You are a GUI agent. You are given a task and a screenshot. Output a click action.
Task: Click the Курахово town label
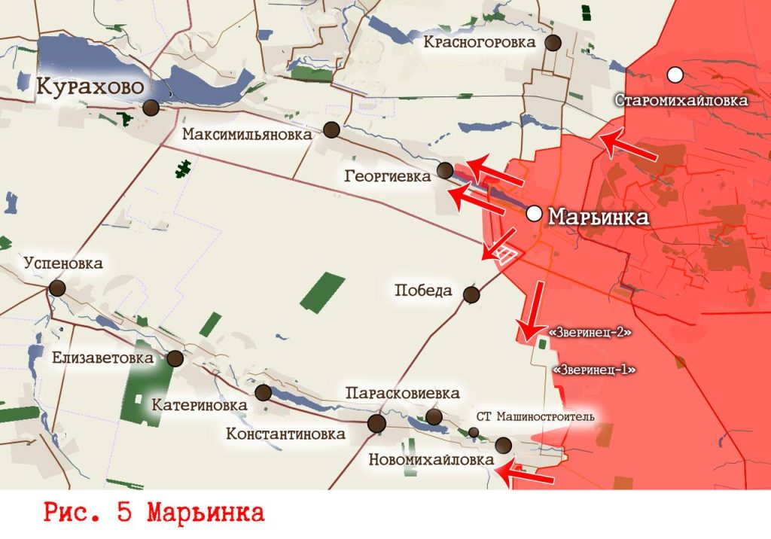pos(90,87)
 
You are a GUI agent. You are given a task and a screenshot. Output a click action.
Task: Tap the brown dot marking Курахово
pos(151,108)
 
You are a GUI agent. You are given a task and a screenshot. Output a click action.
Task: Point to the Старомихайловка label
pos(681,100)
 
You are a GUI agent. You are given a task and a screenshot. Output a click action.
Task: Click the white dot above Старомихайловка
pos(675,75)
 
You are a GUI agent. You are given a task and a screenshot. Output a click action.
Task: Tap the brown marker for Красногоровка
pos(554,42)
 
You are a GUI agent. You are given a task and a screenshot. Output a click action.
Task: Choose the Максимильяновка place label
pos(247,136)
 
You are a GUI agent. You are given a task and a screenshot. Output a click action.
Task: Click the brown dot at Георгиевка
pos(446,170)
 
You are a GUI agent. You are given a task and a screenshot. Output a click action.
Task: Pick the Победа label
pos(423,291)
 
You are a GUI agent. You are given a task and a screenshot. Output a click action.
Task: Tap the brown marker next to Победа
pos(471,294)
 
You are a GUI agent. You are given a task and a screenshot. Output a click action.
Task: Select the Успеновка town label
pos(63,263)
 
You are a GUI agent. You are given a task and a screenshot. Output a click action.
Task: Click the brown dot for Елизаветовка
pos(175,358)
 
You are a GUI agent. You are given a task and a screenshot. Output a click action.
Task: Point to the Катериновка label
pos(200,405)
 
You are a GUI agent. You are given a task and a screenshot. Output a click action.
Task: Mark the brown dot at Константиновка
pos(376,423)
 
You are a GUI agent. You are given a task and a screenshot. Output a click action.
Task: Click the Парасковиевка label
pos(402,394)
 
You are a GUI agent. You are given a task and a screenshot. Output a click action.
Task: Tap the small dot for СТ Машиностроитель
pos(473,432)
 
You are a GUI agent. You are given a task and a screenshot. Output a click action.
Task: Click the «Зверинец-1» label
pos(594,370)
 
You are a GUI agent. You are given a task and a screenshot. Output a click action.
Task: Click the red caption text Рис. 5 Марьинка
pos(154,513)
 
